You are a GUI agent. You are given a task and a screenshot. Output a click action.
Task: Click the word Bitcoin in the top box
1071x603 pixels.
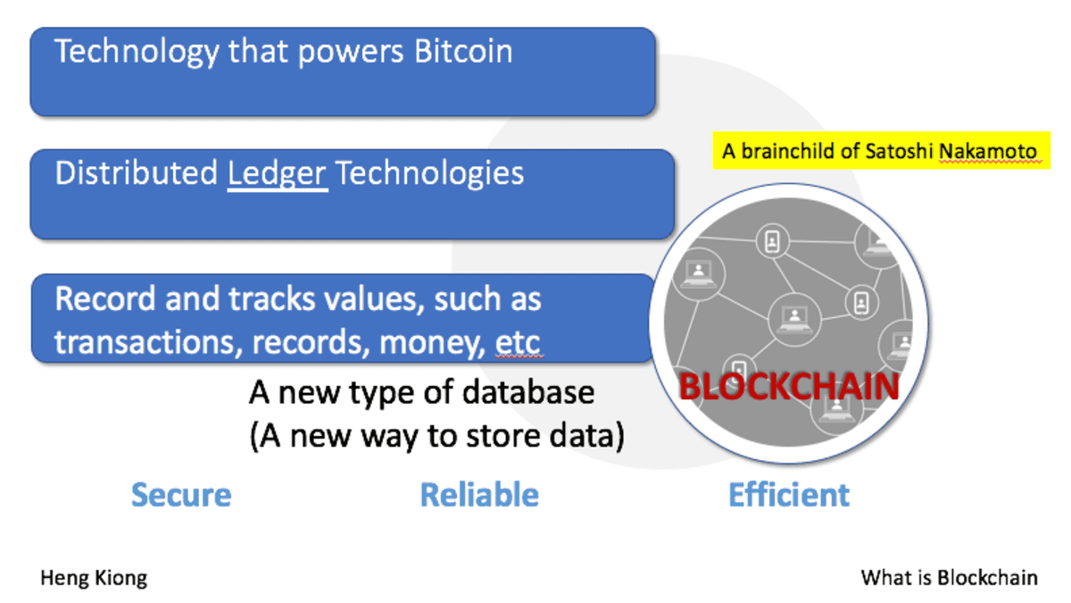463,52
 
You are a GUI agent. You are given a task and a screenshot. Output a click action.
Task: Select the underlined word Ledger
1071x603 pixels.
278,173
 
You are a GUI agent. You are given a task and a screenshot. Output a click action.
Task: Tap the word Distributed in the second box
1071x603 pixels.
137,173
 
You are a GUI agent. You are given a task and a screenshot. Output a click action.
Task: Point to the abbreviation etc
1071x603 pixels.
517,342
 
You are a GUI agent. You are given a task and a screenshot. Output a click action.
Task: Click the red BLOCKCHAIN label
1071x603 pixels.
789,387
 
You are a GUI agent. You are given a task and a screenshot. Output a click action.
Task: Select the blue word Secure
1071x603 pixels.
181,495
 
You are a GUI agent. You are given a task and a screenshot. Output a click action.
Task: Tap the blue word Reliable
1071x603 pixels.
479,495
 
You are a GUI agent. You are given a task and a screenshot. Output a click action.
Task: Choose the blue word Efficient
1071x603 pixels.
789,495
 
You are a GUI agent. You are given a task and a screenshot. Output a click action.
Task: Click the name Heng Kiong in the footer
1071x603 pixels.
94,578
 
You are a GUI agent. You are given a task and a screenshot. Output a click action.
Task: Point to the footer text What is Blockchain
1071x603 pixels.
949,578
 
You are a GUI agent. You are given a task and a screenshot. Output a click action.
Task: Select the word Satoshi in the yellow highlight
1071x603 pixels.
901,151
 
